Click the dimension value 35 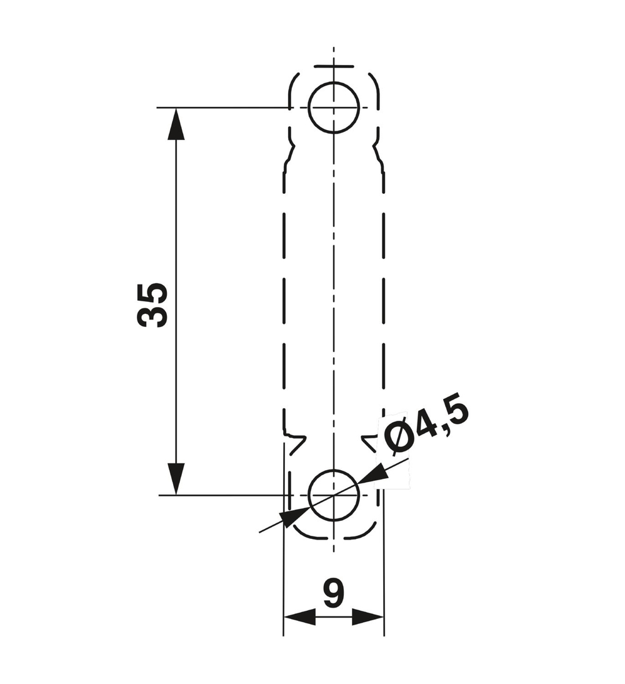pos(152,304)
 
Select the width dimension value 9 pos(334,593)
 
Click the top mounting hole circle pos(334,108)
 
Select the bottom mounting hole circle pos(334,495)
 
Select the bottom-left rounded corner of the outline pos(301,532)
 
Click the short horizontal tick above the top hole pos(334,66)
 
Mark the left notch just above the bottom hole pos(294,438)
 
